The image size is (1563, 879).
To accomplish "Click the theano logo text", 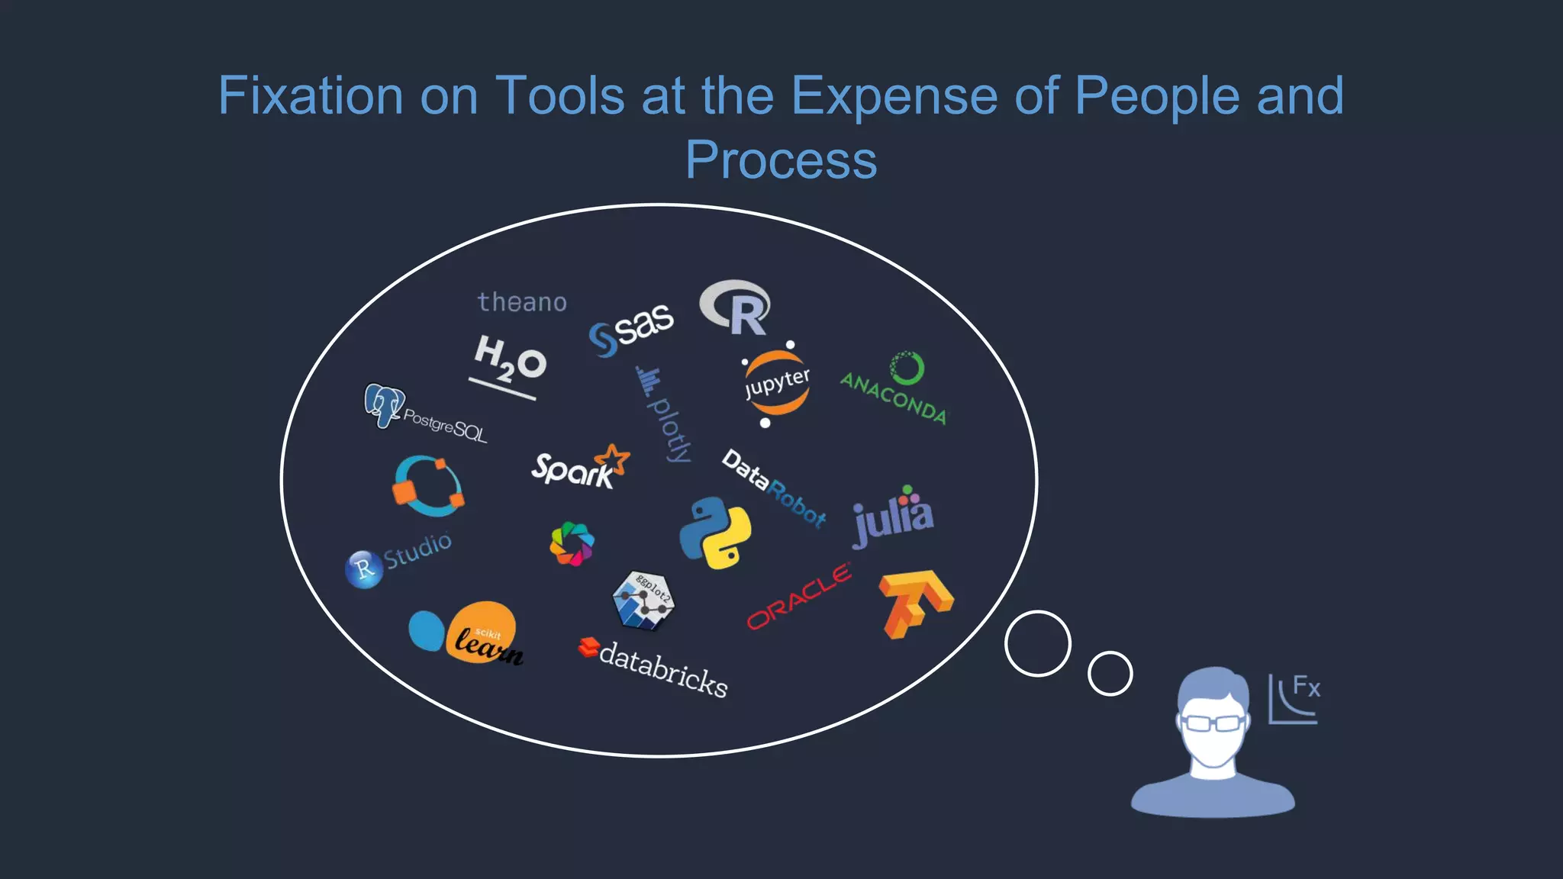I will click(x=522, y=302).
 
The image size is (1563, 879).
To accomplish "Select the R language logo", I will click(x=736, y=307).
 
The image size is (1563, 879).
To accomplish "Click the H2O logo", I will click(x=509, y=362).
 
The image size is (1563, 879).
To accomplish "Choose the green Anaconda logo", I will click(x=895, y=388).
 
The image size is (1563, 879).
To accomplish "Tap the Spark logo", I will click(x=579, y=466).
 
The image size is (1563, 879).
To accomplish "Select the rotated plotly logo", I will click(x=664, y=414).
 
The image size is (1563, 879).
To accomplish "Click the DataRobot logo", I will click(x=774, y=488).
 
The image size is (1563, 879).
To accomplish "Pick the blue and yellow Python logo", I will click(x=715, y=533).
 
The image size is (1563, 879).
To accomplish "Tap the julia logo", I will click(x=893, y=517).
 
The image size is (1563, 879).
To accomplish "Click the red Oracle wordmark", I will click(x=799, y=596).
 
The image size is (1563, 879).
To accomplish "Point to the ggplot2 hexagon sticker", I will click(x=643, y=600).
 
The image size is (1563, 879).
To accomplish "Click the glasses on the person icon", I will click(x=1213, y=722).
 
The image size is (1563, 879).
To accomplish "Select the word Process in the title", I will click(x=781, y=159).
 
